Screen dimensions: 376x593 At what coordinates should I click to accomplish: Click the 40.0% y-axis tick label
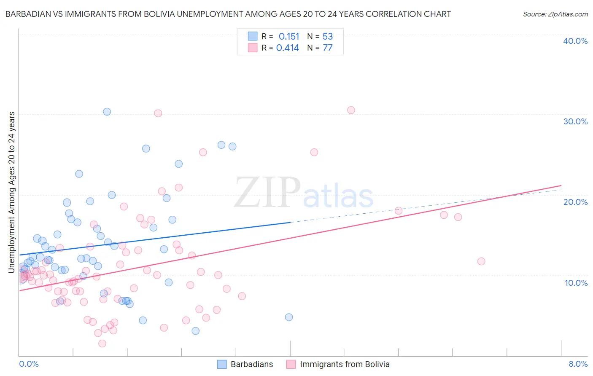click(575, 41)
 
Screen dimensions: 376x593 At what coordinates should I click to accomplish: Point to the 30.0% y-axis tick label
click(575, 121)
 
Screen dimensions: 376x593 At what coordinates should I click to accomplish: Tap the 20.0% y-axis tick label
click(575, 202)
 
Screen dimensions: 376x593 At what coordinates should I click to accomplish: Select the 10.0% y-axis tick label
click(576, 283)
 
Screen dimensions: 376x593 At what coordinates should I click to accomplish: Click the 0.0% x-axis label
click(29, 364)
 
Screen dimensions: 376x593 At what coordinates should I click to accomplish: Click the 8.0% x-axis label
click(578, 364)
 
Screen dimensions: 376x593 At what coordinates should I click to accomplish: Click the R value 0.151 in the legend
click(289, 37)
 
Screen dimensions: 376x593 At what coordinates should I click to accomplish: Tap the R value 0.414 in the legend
click(288, 48)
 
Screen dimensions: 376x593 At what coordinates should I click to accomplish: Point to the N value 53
click(328, 37)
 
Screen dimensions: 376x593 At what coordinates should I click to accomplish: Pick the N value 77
click(328, 48)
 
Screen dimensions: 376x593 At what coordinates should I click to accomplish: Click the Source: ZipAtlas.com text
click(555, 14)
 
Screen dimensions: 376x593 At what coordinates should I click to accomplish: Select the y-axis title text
click(12, 192)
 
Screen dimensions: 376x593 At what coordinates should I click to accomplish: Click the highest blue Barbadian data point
click(107, 112)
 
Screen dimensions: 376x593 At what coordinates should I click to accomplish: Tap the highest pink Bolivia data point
click(351, 110)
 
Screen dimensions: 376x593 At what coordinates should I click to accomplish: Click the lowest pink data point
click(102, 344)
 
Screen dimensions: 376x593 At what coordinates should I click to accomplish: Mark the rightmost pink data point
click(481, 261)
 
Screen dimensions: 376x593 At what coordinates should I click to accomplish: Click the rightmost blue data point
click(289, 317)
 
